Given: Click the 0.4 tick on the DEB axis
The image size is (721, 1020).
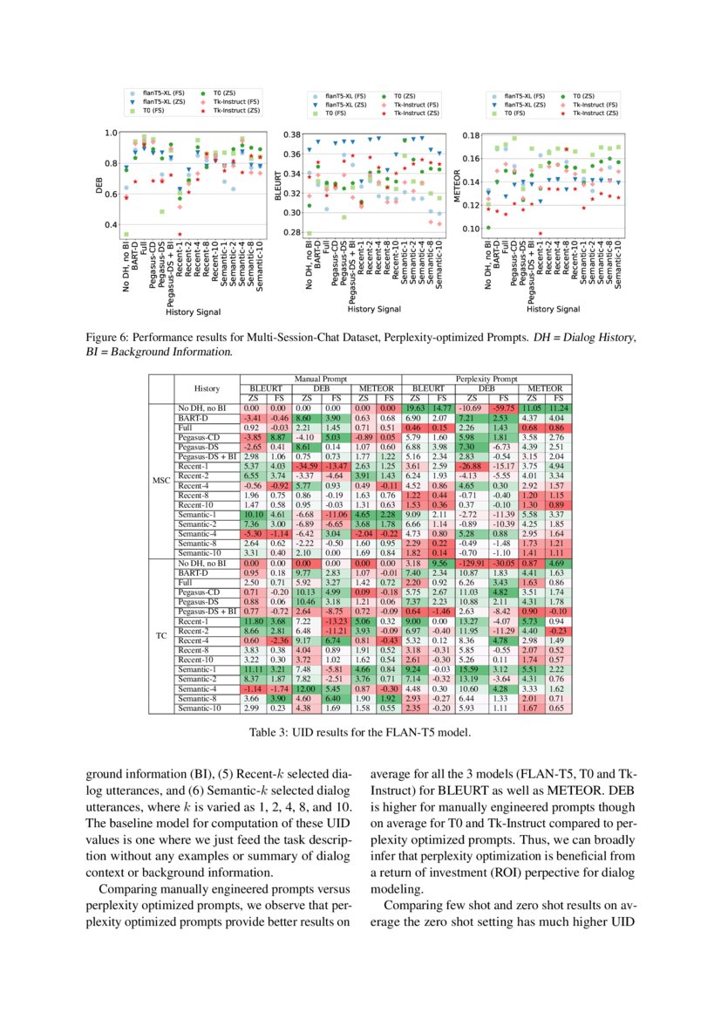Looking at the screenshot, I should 110,225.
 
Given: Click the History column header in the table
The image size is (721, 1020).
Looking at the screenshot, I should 207,388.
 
